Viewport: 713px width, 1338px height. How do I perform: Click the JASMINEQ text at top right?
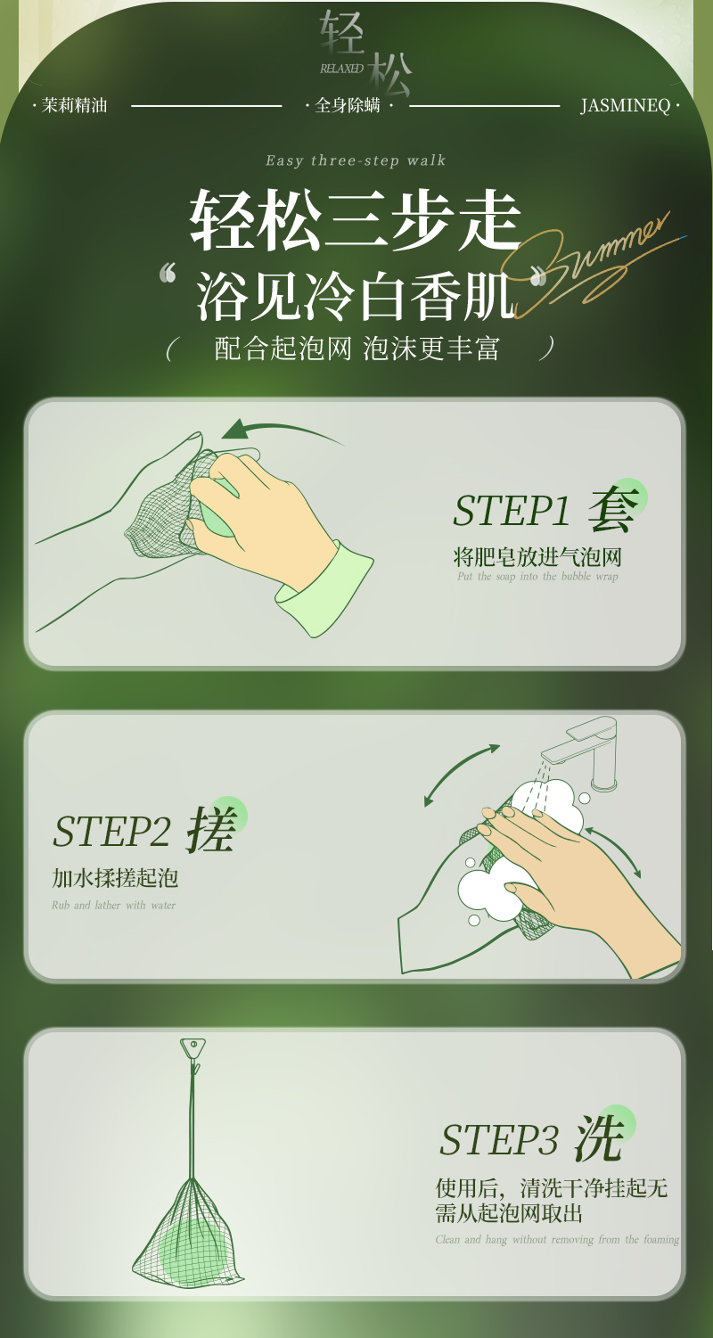click(625, 106)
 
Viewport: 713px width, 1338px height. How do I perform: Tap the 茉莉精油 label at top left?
click(74, 105)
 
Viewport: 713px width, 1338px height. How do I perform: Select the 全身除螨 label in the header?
click(348, 105)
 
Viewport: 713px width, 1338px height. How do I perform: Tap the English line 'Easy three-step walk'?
click(356, 160)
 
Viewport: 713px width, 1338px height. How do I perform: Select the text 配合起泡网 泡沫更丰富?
click(356, 349)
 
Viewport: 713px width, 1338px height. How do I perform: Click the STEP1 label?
click(511, 511)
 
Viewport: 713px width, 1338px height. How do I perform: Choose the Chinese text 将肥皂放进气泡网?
click(537, 558)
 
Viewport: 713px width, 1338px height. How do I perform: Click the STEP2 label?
click(111, 831)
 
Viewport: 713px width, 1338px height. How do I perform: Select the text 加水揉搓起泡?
click(115, 878)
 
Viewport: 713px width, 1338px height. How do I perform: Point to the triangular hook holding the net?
click(193, 1048)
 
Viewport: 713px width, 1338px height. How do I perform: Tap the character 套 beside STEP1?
click(613, 508)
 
